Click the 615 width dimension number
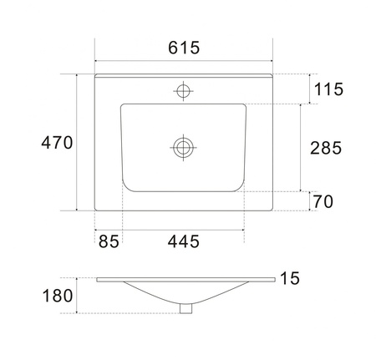click(184, 48)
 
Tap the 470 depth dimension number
click(57, 143)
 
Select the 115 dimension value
click(328, 89)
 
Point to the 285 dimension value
click(326, 148)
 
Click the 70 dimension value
click(323, 201)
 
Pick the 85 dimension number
click(109, 241)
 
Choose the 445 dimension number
click(184, 241)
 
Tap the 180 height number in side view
click(58, 296)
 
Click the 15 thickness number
click(290, 278)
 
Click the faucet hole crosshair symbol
click(183, 91)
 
